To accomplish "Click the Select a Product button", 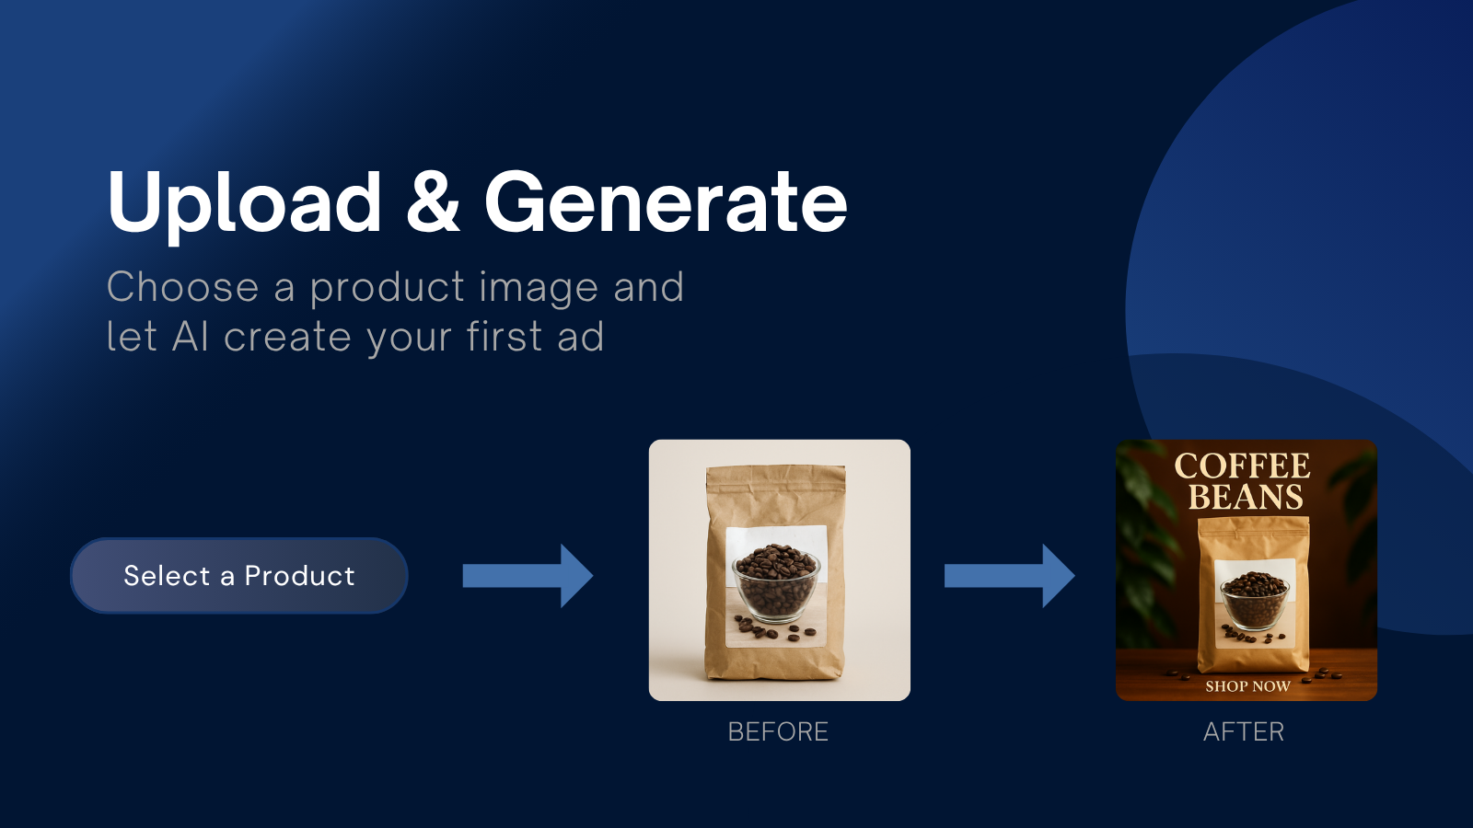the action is click(239, 576).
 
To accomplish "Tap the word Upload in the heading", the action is click(245, 203).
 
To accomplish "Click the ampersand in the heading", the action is click(433, 201).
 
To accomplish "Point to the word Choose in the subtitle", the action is click(183, 287).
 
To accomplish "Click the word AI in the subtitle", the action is click(191, 337).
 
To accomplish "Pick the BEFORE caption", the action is click(778, 731).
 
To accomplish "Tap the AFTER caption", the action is click(1244, 731).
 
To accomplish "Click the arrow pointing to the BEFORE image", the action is click(528, 576).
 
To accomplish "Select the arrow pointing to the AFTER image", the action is click(1009, 576).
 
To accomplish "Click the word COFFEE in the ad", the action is click(1242, 466).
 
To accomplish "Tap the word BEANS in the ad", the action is click(1246, 497).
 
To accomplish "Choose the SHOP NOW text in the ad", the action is click(1247, 686).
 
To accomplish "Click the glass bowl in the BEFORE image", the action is click(776, 584).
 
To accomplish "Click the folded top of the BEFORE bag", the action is click(776, 477).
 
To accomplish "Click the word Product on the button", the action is click(300, 576).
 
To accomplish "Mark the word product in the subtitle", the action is click(388, 289).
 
